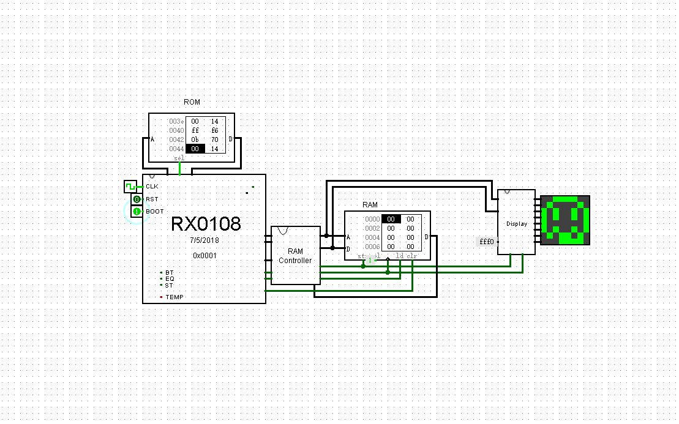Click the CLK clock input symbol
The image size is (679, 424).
tap(130, 186)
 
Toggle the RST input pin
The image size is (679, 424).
tap(137, 199)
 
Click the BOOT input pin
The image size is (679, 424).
tap(137, 211)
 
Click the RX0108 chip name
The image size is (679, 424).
tap(205, 224)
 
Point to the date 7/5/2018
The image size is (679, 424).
tap(204, 241)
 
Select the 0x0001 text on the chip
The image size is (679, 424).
tap(204, 255)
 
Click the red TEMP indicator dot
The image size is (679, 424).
tap(162, 297)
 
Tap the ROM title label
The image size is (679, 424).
tap(192, 102)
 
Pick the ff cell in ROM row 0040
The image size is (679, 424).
tap(195, 130)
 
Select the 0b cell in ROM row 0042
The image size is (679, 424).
tap(195, 139)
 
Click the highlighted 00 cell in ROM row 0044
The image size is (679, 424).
tap(195, 148)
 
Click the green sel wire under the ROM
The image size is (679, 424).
tap(179, 167)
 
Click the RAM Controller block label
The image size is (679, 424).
tap(295, 256)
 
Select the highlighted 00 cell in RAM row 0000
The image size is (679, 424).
tap(391, 219)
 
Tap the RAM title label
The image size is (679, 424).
tap(370, 205)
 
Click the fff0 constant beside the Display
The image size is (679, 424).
tap(486, 242)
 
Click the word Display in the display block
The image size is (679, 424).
tap(516, 224)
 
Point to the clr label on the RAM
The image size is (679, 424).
tap(413, 255)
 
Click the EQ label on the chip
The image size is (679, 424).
tap(170, 278)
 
